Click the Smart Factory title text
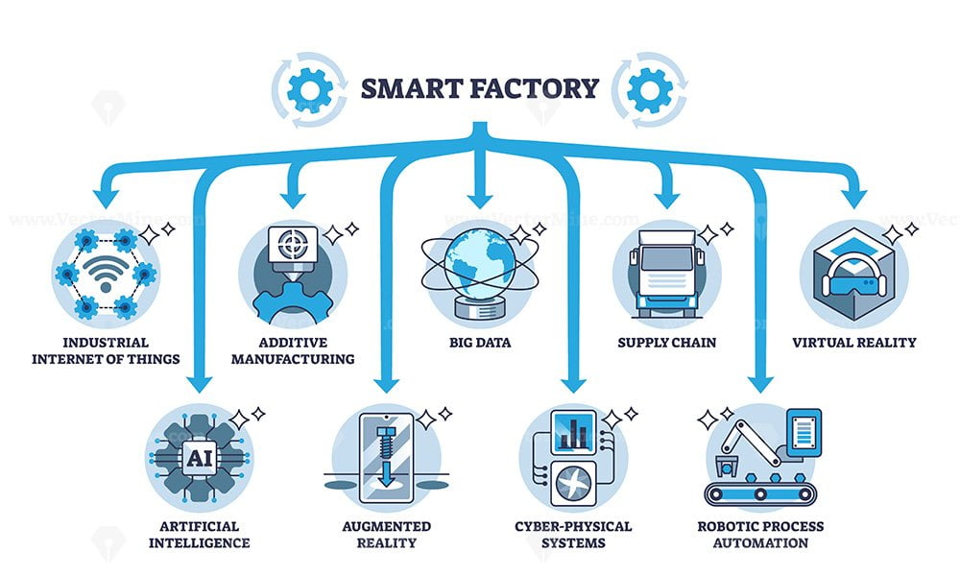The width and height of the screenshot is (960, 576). tap(479, 88)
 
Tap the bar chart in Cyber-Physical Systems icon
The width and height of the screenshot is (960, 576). tap(575, 433)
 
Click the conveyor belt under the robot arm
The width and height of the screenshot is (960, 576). tap(759, 495)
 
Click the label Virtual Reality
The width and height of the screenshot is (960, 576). tap(853, 342)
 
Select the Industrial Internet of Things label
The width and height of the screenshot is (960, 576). tap(106, 350)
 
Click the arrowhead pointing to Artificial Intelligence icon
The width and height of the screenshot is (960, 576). tap(199, 385)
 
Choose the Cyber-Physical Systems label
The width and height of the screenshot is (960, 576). tap(574, 535)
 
